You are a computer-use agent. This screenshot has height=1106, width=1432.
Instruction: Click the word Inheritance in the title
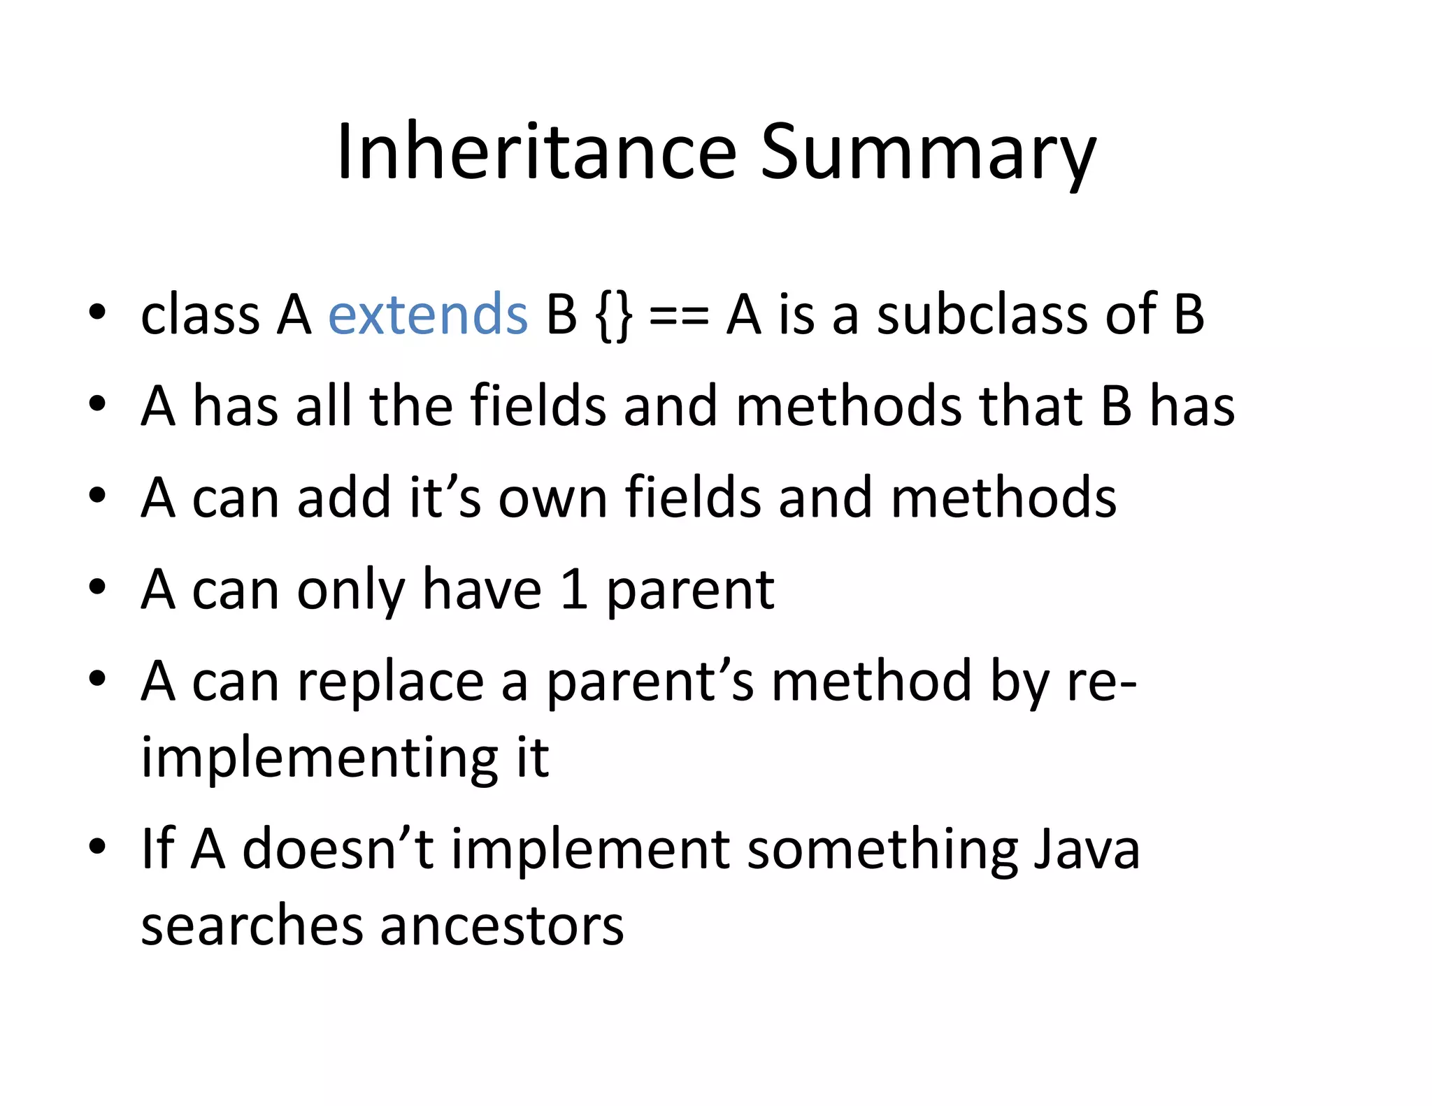(x=536, y=152)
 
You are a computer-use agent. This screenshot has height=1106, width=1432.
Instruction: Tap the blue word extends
(x=427, y=315)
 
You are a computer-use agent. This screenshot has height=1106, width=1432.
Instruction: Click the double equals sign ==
(x=679, y=316)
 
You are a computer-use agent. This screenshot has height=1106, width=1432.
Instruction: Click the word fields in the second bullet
(x=538, y=405)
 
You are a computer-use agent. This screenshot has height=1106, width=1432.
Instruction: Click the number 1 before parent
(x=573, y=589)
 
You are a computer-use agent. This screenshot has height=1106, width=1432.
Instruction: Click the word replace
(x=390, y=682)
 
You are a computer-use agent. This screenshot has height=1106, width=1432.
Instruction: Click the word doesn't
(x=338, y=849)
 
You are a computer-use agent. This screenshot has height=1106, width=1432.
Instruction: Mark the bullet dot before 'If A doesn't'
(x=97, y=847)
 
